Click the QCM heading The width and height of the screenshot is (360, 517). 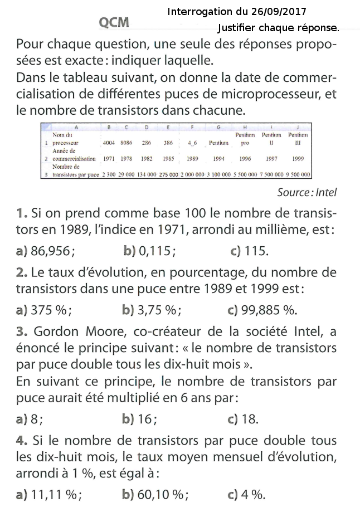[114, 22]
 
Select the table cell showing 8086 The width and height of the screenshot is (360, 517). [127, 143]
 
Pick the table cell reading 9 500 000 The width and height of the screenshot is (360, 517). [298, 174]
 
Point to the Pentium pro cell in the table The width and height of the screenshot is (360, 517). [245, 139]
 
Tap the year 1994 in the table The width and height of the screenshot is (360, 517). [218, 159]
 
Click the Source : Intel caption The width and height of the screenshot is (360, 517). [307, 193]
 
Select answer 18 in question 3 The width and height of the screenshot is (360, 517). [249, 420]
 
